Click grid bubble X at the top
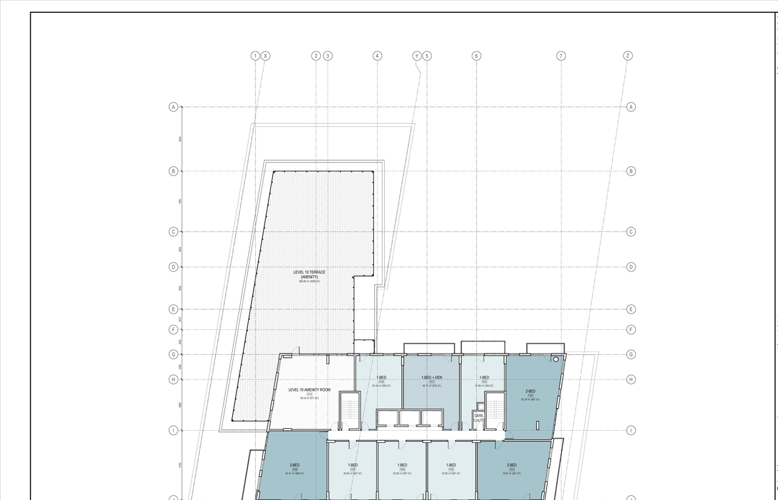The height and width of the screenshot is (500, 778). click(266, 56)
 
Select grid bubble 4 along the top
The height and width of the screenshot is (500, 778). click(377, 56)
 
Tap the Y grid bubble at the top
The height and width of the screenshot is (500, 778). click(417, 56)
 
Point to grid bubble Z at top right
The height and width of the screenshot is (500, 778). click(628, 56)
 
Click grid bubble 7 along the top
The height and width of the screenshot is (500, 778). click(561, 56)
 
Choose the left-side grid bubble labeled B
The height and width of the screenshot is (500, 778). click(173, 171)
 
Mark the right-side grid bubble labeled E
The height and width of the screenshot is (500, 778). click(631, 309)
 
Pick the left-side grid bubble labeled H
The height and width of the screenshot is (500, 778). click(173, 380)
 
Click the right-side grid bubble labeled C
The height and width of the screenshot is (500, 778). click(631, 231)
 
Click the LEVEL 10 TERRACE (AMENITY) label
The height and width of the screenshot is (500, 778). click(309, 275)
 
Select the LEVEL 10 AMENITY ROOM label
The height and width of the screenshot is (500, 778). click(309, 390)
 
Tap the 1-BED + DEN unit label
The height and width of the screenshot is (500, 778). click(432, 378)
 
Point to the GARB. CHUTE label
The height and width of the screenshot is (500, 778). click(479, 418)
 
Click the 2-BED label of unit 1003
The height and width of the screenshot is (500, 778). click(530, 391)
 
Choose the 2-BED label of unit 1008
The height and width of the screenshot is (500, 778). click(295, 465)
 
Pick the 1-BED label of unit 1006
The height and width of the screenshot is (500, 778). click(402, 465)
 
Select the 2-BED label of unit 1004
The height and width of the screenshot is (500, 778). click(512, 465)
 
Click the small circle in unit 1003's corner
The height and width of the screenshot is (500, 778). click(556, 360)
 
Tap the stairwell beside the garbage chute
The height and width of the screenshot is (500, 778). click(495, 409)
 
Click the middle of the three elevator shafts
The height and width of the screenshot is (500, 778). click(410, 418)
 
